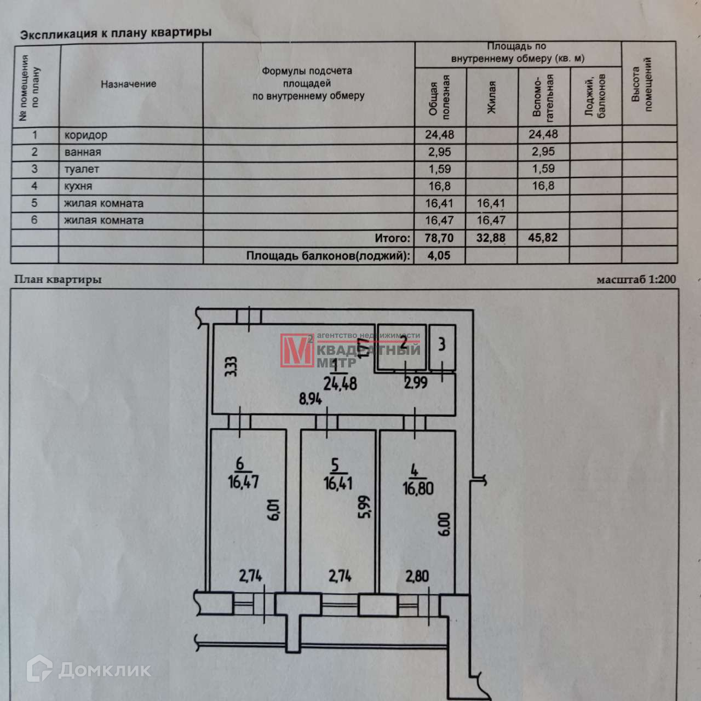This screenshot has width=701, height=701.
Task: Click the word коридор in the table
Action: (85, 135)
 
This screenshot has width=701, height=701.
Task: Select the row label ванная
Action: (82, 152)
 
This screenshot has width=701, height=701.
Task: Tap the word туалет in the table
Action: (82, 169)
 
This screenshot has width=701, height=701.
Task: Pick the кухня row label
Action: (78, 186)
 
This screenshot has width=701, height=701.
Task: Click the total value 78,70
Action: (439, 238)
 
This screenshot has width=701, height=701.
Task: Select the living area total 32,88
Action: (491, 238)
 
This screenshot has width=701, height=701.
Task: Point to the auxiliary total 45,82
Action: (542, 238)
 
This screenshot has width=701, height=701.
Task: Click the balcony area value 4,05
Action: (438, 255)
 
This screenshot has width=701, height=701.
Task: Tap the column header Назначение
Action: (128, 84)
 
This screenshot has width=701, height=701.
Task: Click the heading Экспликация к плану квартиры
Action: (116, 33)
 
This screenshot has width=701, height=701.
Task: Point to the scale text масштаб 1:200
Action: (636, 279)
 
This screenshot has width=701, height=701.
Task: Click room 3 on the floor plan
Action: (442, 345)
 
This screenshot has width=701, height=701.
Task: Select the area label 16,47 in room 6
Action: (243, 481)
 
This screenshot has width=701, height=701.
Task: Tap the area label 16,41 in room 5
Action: (337, 483)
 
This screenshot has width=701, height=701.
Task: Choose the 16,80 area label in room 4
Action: (418, 486)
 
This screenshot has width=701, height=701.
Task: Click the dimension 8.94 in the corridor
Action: (310, 399)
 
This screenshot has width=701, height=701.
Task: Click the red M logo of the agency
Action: (296, 350)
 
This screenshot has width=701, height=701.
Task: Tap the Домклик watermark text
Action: (104, 669)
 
